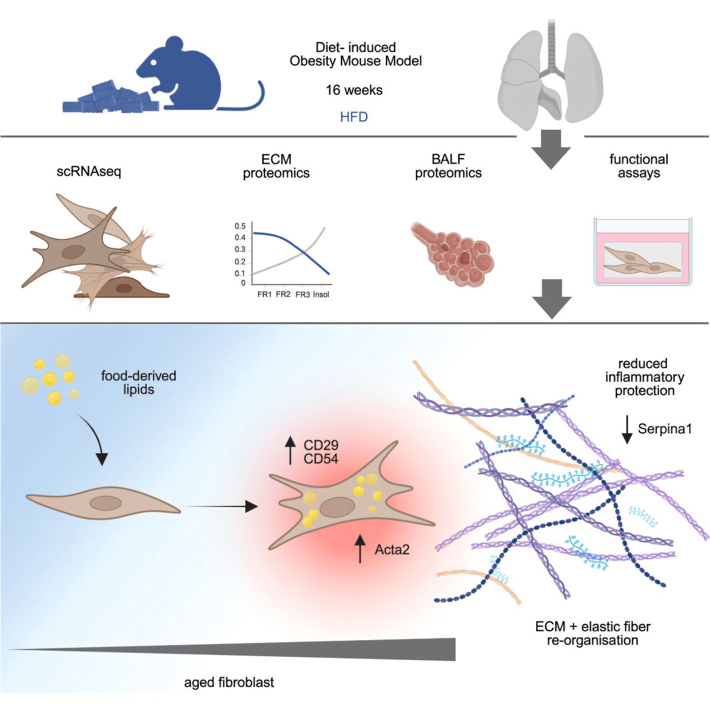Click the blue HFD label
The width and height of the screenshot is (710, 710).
pyautogui.click(x=354, y=117)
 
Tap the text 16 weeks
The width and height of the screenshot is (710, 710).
pyautogui.click(x=354, y=90)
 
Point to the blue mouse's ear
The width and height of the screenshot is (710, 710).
pyautogui.click(x=175, y=44)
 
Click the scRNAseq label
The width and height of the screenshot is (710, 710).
pyautogui.click(x=89, y=171)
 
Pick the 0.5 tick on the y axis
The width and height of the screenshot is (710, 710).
pyautogui.click(x=240, y=226)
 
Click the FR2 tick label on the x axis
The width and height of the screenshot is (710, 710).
pyautogui.click(x=283, y=295)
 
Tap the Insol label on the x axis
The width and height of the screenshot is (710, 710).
pyautogui.click(x=321, y=295)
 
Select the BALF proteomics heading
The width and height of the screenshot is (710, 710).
pyautogui.click(x=448, y=166)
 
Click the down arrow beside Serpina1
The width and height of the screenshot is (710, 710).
pyautogui.click(x=627, y=429)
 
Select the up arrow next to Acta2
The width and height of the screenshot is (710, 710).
pyautogui.click(x=361, y=549)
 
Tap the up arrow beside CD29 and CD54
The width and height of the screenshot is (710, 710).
pyautogui.click(x=290, y=450)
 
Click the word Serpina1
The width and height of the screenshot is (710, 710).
pyautogui.click(x=665, y=429)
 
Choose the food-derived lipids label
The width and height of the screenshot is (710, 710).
pyautogui.click(x=139, y=382)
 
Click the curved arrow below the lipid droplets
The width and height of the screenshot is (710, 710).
pyautogui.click(x=94, y=438)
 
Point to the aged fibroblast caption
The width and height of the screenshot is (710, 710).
pyautogui.click(x=229, y=682)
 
